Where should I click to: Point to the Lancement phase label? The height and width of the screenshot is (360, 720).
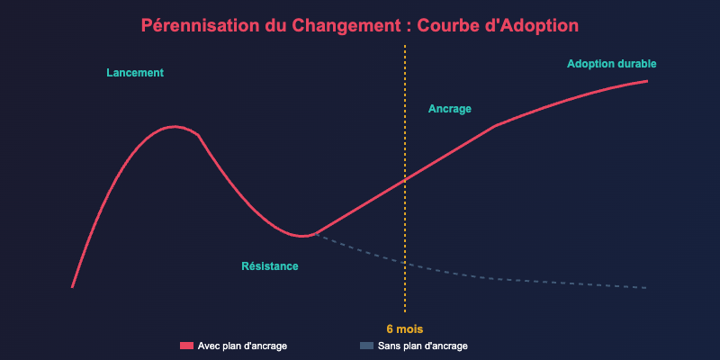pos(135,73)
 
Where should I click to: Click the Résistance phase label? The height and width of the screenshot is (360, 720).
pos(270,266)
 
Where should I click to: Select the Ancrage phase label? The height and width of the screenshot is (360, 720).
pos(450,109)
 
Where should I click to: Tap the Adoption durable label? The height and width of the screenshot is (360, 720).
pos(612,64)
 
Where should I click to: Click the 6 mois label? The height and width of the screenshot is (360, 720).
pos(405,328)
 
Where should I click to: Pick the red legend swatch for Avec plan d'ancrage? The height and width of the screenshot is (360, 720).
pos(187,346)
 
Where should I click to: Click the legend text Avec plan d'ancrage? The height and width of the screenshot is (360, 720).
pos(243,346)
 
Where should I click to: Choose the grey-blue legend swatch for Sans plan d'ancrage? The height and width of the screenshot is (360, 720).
pos(366,346)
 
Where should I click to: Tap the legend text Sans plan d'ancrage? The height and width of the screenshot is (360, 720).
pos(423,346)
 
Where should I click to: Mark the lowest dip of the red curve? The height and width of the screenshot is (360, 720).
pos(304,236)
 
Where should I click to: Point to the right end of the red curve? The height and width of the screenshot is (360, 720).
pos(648,81)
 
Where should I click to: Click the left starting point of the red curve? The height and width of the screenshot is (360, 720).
pos(72,287)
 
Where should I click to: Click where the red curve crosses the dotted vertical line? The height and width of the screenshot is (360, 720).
pos(405,178)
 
